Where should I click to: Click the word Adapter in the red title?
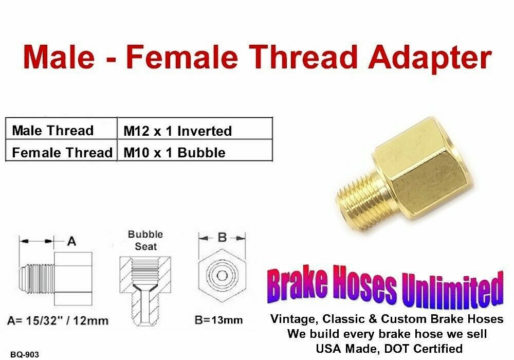(x=430, y=58)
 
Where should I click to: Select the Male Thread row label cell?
(x=61, y=129)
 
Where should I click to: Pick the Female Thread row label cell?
(x=61, y=150)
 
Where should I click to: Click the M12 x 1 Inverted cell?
(x=195, y=129)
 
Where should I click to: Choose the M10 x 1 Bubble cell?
(x=195, y=150)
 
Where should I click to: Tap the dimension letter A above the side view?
(x=71, y=242)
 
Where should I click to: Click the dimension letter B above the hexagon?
(x=222, y=237)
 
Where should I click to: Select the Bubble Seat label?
(x=145, y=240)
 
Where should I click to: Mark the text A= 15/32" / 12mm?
(x=58, y=320)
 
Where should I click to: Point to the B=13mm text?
(x=218, y=320)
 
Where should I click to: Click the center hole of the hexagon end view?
(x=222, y=276)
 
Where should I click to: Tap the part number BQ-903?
(x=25, y=354)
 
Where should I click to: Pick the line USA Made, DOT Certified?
(x=389, y=348)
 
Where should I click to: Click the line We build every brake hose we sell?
(x=387, y=333)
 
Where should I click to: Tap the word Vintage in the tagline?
(x=293, y=319)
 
